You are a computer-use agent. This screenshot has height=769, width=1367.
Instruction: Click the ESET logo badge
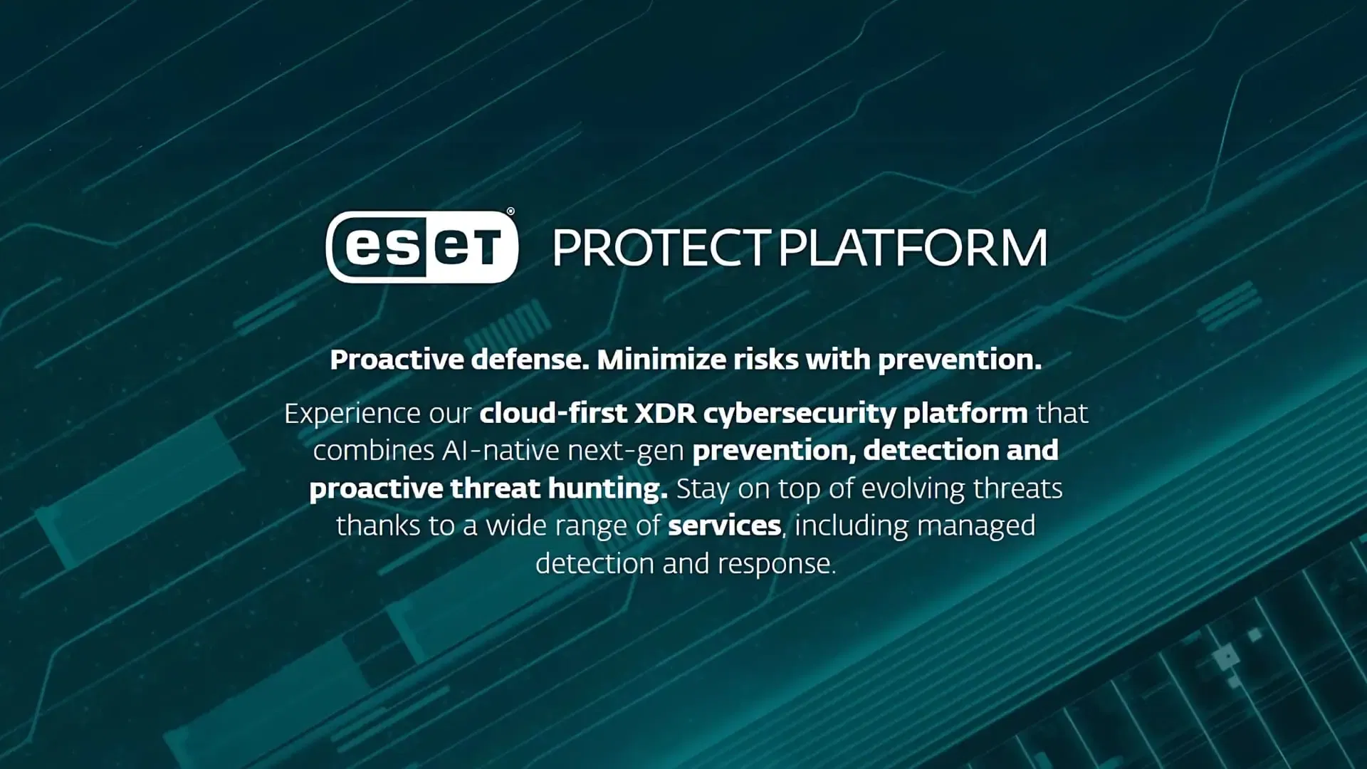[x=421, y=247]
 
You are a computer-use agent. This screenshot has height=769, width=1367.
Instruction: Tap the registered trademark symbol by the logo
[x=510, y=211]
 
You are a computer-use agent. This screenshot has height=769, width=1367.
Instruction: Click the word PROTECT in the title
[x=661, y=248]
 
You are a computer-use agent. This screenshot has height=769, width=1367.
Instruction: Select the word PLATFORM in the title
[x=913, y=248]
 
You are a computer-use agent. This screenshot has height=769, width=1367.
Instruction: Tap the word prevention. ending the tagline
[x=959, y=360]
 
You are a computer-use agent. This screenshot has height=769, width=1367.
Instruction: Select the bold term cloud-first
[x=553, y=413]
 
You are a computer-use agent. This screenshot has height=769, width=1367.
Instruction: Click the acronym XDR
[x=665, y=414]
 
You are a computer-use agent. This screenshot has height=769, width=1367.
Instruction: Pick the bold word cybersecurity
[x=800, y=414]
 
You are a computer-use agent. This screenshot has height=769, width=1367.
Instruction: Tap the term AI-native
[x=501, y=451]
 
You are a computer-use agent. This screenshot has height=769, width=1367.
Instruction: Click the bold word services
[x=725, y=526]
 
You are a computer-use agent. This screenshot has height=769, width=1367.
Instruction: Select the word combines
[x=374, y=451]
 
